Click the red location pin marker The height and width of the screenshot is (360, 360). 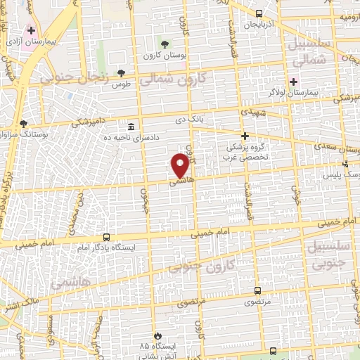(180, 165)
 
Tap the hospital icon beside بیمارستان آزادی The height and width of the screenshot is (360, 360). (31, 31)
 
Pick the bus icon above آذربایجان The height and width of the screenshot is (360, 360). (259, 13)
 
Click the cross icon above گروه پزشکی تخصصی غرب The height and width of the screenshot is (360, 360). (245, 135)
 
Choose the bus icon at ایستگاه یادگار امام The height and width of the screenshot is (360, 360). (107, 237)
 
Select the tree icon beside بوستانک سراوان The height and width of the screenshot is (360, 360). (23, 123)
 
